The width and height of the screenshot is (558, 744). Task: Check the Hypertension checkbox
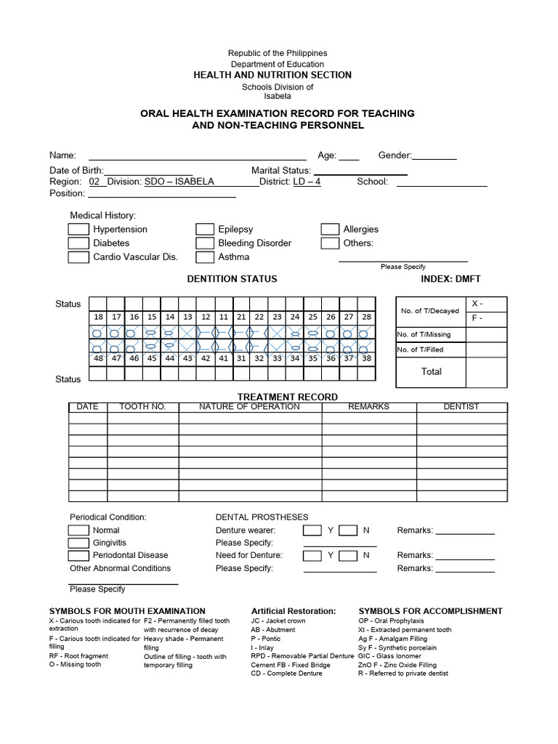click(78, 229)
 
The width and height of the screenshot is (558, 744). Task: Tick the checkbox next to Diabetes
click(78, 243)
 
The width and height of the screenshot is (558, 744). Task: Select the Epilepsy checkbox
click(205, 229)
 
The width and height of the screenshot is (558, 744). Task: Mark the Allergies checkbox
click(330, 229)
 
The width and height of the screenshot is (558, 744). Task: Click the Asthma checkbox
click(205, 256)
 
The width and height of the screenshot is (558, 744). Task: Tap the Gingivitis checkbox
click(78, 543)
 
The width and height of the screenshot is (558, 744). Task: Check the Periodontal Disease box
click(78, 556)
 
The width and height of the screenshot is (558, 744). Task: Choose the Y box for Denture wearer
click(312, 530)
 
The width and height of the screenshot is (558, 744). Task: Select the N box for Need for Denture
click(349, 556)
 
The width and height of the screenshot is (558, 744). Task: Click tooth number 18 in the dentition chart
click(98, 317)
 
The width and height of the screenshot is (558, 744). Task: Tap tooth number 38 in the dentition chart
click(365, 358)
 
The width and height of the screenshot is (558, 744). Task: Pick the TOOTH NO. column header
click(142, 407)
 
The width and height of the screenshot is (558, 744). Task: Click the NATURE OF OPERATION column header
click(249, 407)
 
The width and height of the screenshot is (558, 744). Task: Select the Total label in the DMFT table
click(431, 371)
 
